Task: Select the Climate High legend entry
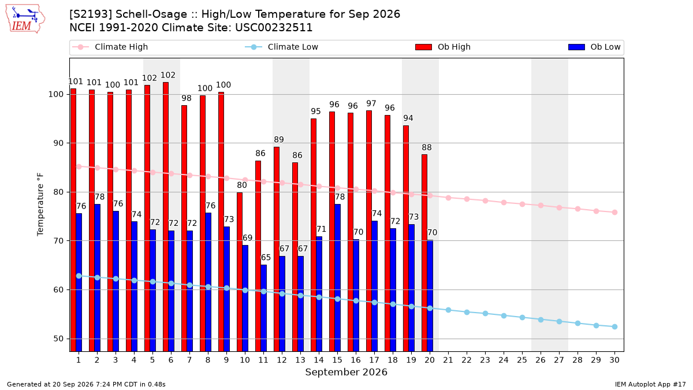coord(110,47)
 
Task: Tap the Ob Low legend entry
coord(594,47)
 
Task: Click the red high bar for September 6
coord(166,217)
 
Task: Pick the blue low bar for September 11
coord(263,308)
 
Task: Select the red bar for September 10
coord(240,272)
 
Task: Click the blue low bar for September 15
coord(337,278)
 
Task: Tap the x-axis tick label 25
coord(522,361)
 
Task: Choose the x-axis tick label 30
coord(614,361)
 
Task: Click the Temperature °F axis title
coord(40,205)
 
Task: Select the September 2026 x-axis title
coord(346,372)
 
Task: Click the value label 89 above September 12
coord(279,140)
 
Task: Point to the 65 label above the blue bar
coord(266,258)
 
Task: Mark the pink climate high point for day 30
coord(614,213)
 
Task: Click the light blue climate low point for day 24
coord(504,315)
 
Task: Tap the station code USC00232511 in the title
coord(274,28)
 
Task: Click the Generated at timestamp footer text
coord(86,384)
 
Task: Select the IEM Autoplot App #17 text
coord(650,384)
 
